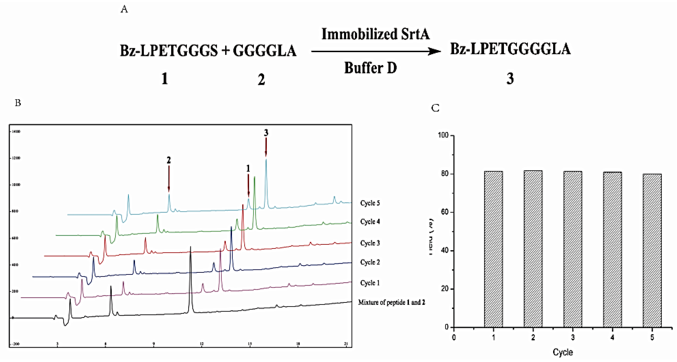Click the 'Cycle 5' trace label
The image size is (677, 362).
pyautogui.click(x=370, y=203)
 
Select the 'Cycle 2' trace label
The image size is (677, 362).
pyautogui.click(x=370, y=262)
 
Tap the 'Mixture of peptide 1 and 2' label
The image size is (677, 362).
pyautogui.click(x=391, y=302)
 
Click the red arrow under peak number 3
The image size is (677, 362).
pyautogui.click(x=266, y=147)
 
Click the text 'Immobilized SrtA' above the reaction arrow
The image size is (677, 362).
pyautogui.click(x=375, y=34)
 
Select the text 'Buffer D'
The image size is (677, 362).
pyautogui.click(x=370, y=68)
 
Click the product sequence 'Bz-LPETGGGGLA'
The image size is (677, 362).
pyautogui.click(x=510, y=49)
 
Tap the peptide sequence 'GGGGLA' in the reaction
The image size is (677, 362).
pyautogui.click(x=264, y=51)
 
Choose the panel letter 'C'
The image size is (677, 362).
pyautogui.click(x=435, y=108)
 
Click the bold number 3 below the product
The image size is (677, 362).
pyautogui.click(x=510, y=78)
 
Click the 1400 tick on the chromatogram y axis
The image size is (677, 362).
pyautogui.click(x=16, y=131)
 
